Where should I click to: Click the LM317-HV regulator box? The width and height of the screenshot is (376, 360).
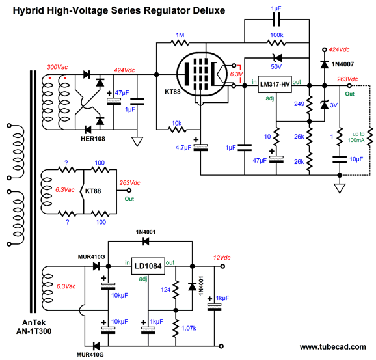[x=275, y=84]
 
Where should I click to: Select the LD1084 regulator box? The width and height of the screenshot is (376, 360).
[x=148, y=266]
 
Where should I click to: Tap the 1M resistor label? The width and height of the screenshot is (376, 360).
[x=180, y=35]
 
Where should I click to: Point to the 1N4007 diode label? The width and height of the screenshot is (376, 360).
[x=343, y=64]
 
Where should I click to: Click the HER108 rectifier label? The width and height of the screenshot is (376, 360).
[x=93, y=139]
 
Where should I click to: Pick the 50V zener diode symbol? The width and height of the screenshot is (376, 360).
[x=277, y=58]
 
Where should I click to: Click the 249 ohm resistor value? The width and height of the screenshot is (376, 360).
[x=299, y=104]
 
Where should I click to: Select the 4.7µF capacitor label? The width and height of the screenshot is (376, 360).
[x=183, y=148]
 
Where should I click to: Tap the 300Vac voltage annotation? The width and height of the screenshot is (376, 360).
[x=57, y=67]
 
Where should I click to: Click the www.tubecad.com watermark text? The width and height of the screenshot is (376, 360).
[x=333, y=347]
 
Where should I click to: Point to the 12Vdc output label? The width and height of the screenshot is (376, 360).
[x=222, y=258]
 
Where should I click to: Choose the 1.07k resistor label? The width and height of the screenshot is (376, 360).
[x=189, y=328]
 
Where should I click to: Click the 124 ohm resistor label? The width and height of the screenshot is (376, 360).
[x=165, y=290]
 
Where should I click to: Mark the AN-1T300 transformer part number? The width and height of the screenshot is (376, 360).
[x=34, y=331]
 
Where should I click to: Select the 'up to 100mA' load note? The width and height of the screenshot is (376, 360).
[x=357, y=137]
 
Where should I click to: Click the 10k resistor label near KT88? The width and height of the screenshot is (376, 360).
[x=176, y=123]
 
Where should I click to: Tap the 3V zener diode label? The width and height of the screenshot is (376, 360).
[x=334, y=105]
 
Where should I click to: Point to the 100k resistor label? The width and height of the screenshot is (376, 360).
[x=276, y=35]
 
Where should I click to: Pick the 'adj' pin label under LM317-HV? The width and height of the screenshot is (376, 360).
[x=270, y=98]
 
